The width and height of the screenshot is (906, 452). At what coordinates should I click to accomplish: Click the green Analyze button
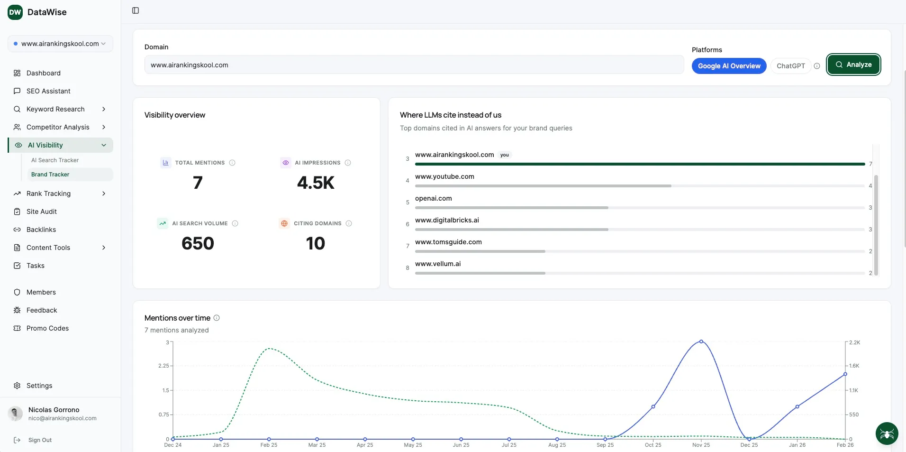[x=853, y=65]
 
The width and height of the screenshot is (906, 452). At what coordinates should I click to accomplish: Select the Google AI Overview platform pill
[x=729, y=66]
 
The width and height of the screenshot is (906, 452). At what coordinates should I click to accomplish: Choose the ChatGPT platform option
[x=790, y=66]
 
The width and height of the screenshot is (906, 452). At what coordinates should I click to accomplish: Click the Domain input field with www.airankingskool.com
[x=414, y=65]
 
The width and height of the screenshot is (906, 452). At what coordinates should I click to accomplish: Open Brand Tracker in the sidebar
[x=50, y=175]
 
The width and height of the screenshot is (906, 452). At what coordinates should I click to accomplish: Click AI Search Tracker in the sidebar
[x=55, y=160]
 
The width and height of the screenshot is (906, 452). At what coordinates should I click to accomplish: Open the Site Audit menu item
[x=42, y=212]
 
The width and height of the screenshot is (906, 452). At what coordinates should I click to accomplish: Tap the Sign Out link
[x=40, y=440]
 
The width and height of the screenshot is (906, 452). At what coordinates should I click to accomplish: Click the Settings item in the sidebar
[x=39, y=386]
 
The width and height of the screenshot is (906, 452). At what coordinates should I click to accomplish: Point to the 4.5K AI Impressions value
[x=316, y=183]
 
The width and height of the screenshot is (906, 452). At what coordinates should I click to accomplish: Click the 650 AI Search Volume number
[x=198, y=244]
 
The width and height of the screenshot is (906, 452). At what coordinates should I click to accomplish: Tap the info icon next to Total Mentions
[x=232, y=163]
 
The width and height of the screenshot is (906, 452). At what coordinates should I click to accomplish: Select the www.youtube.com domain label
[x=444, y=176]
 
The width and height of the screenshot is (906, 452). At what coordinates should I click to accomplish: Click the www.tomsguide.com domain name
[x=448, y=242]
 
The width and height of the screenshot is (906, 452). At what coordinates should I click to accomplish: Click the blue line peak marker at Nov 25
[x=701, y=341]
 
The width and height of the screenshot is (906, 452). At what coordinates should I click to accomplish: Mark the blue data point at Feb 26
[x=845, y=374]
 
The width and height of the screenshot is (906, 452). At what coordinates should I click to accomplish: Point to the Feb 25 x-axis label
[x=269, y=445]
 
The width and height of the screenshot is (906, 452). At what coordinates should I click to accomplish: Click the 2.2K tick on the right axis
[x=854, y=342]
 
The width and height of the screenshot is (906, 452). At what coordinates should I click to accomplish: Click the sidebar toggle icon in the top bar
[x=136, y=10]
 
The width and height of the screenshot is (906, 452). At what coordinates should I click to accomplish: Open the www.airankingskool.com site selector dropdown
[x=60, y=44]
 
